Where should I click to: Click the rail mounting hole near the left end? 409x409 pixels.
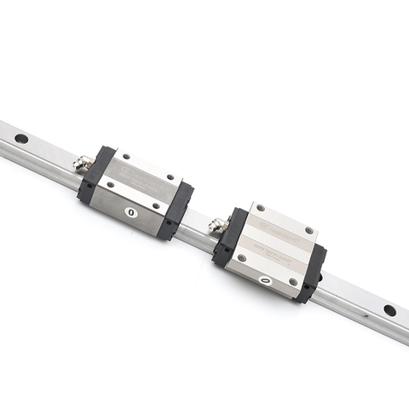point(21,138)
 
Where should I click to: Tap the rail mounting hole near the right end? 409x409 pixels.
point(389,310)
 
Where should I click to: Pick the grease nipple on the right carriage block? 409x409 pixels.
point(216,224)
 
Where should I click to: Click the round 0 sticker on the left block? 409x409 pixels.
point(130,211)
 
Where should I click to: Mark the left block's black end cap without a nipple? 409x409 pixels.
point(176,209)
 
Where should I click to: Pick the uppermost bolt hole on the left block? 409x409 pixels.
point(127,156)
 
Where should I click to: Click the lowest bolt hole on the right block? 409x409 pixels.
point(292,281)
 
